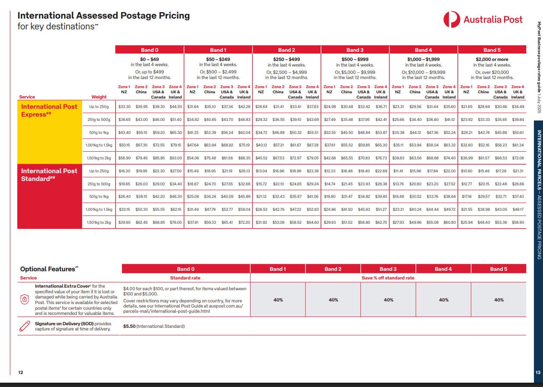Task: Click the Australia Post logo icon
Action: [452, 19]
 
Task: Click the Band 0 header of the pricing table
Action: [150, 50]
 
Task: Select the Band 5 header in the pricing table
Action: [492, 50]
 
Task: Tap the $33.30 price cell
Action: [124, 106]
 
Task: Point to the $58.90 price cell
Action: [518, 222]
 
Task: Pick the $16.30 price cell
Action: [124, 171]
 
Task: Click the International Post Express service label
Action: [49, 110]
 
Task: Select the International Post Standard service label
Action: [49, 174]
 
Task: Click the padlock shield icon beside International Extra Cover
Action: [25, 299]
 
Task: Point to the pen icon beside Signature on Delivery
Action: [25, 326]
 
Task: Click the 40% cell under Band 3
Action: [388, 300]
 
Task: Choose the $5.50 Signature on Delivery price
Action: [129, 326]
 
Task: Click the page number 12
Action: [20, 372]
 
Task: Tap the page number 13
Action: [538, 372]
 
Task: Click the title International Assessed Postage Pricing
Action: [103, 16]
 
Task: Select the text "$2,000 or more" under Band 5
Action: [492, 59]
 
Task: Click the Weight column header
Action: [99, 97]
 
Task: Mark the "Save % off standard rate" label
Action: [388, 278]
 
